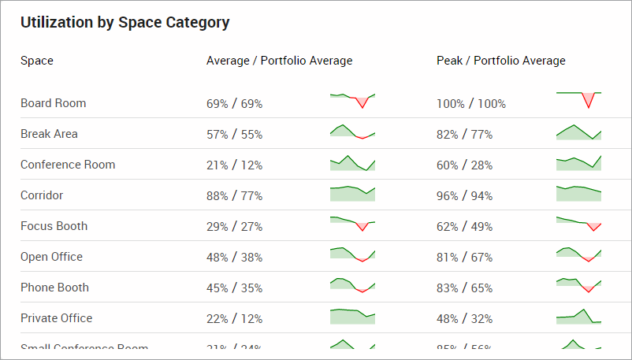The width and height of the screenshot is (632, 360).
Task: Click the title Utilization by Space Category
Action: [x=125, y=23]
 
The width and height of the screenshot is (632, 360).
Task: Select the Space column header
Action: [x=37, y=61]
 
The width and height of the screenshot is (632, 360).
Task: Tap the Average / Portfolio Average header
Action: [x=279, y=61]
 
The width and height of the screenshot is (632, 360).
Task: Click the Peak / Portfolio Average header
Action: [x=500, y=61]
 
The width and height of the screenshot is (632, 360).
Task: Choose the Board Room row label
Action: [x=54, y=103]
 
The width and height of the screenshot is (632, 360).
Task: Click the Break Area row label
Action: [x=49, y=134]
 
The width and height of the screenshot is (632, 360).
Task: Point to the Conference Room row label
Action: [x=68, y=165]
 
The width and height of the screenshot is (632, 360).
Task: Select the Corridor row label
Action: [x=42, y=195]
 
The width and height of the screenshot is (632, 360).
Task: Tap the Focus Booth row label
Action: [x=54, y=226]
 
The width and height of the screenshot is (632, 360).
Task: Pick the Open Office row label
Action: [x=51, y=257]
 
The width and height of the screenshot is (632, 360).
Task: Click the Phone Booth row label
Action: [x=54, y=288]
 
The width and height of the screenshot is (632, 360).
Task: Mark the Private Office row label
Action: [x=56, y=318]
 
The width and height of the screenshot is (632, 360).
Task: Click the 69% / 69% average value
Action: [x=234, y=104]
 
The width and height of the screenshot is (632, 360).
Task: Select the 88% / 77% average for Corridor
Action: [x=234, y=196]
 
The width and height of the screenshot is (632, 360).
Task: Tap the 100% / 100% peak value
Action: [x=471, y=104]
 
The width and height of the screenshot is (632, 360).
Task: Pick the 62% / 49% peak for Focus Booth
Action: [x=464, y=227]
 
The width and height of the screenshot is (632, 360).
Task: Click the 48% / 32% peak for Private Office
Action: [x=464, y=319]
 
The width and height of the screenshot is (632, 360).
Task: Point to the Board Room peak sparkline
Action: [x=578, y=100]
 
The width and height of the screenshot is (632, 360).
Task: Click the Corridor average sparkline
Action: [x=352, y=194]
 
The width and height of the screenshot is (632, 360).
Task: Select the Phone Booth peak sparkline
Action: [x=578, y=284]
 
